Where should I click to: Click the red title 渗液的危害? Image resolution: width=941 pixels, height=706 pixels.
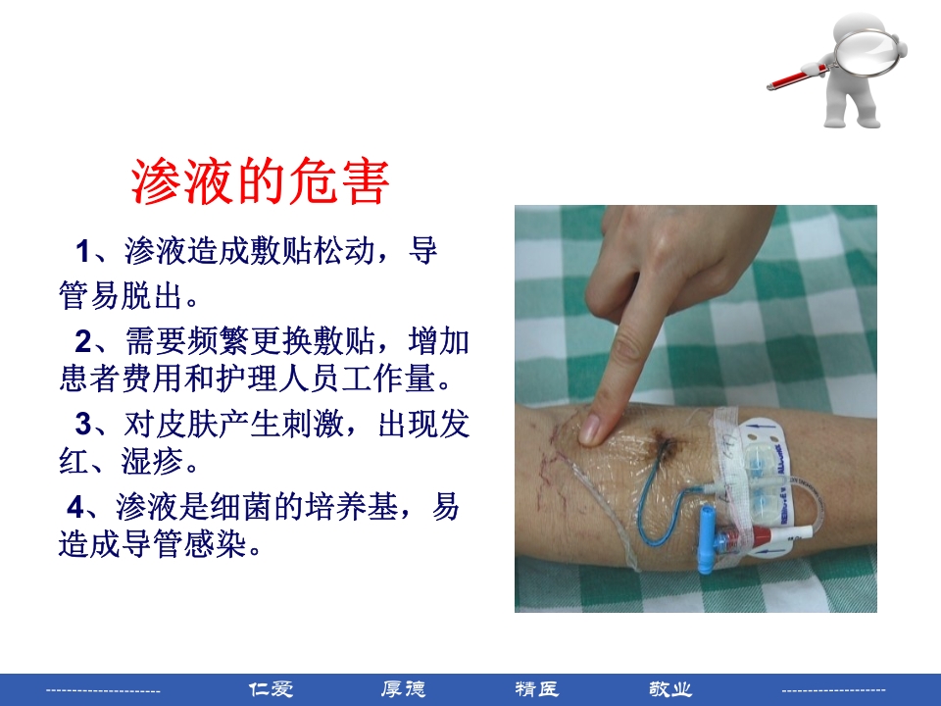pos(261,183)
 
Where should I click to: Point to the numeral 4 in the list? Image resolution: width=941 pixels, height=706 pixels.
pos(74,507)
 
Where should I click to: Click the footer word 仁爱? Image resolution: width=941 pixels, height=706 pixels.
pos(271,689)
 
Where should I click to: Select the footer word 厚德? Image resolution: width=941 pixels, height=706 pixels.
pos(403,689)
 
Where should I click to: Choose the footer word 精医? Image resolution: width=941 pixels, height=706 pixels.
pos(537,689)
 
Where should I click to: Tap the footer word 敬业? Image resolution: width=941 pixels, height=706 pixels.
pos(670,689)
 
